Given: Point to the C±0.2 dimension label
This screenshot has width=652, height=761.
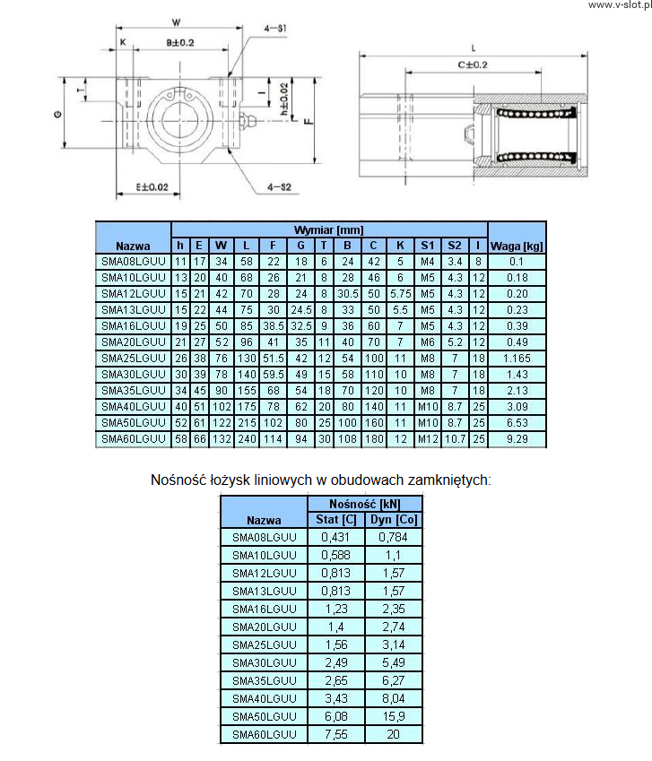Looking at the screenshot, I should click(x=473, y=64).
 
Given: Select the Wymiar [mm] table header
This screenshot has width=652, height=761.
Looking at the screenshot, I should click(x=329, y=230).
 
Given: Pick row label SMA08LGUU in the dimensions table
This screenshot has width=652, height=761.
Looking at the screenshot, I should click(x=133, y=261).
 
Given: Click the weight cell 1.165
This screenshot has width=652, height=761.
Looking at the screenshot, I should click(x=517, y=358).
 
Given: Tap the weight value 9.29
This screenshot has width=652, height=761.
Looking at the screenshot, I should click(x=517, y=438).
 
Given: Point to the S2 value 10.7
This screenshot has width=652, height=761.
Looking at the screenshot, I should click(x=456, y=438).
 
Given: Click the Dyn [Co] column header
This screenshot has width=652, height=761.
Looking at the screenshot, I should click(x=394, y=520).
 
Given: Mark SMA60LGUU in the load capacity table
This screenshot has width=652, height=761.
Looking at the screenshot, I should click(x=264, y=734).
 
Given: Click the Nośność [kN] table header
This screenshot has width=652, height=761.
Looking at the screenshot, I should click(x=364, y=503).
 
